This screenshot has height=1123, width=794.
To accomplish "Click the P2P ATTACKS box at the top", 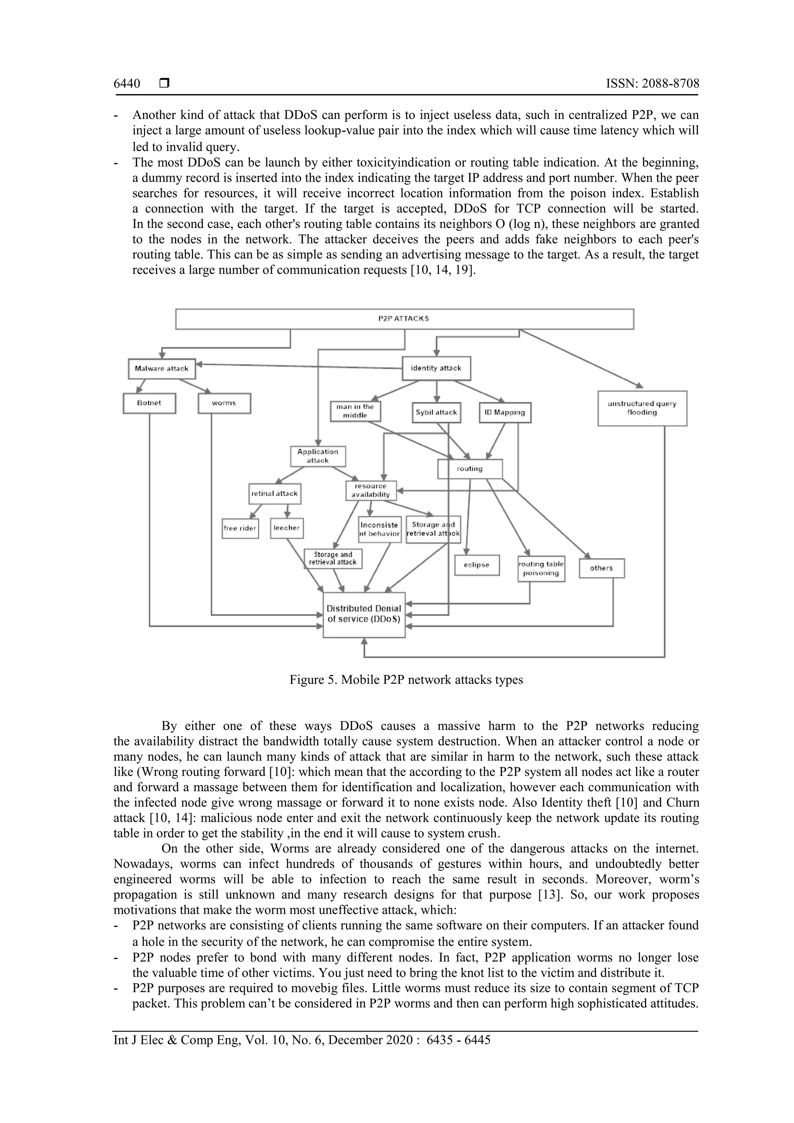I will pos(404,319).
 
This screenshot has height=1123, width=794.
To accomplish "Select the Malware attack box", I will pos(161,369).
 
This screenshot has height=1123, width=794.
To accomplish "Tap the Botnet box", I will pos(149,404).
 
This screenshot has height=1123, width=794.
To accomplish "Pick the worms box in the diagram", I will pos(224,404).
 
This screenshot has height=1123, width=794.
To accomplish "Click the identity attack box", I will pos(436,368).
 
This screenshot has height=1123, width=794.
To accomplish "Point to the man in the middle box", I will pos(355,411).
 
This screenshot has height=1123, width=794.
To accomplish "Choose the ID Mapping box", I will pos(504,413).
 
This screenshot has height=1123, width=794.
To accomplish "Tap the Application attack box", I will pos(318,456).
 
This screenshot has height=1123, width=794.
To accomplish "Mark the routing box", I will pos(469,469).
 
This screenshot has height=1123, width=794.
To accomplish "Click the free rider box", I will pos(240,528).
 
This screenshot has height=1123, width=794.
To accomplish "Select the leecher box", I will pos(287,528).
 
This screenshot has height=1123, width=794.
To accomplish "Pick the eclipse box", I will pos(476,565).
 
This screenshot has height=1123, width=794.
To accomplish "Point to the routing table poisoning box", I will pos(541,569).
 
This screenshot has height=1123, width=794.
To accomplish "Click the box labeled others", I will pos(601,568).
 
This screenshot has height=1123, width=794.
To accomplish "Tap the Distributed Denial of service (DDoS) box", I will pos(364,614).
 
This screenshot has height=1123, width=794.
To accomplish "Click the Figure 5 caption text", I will pos(406,680).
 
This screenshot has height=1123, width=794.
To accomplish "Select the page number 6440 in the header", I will pos(127,84).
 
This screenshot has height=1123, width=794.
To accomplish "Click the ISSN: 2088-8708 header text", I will pos(652,84).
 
